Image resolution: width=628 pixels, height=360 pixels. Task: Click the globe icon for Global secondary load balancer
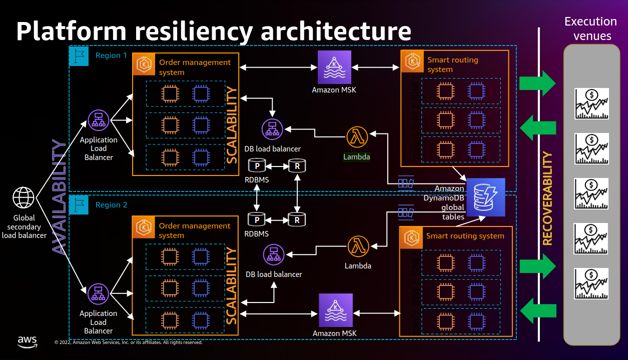pos(24,197)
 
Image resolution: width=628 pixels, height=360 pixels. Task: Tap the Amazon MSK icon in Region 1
pos(334,67)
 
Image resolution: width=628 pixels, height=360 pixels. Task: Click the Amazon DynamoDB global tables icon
pos(485,194)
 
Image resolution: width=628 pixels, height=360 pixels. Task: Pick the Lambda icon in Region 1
pos(357,137)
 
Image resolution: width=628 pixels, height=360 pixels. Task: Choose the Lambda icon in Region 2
pos(358,246)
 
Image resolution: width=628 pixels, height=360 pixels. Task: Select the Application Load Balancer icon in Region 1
pos(99,121)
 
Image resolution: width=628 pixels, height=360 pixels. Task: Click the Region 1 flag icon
pos(79,55)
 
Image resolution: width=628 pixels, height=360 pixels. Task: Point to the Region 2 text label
pos(111,205)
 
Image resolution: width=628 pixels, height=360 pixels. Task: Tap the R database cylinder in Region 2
pos(297,219)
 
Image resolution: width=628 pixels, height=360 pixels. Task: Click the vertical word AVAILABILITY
pos(59,197)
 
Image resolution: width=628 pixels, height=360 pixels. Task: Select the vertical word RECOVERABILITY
pos(548,198)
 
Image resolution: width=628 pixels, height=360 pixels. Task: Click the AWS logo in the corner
pos(28,341)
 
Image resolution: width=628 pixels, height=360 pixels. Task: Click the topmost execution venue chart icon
pos(591,103)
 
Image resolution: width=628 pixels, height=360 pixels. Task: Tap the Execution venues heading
pos(591,28)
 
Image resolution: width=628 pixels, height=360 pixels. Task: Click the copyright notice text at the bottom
pos(128,342)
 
